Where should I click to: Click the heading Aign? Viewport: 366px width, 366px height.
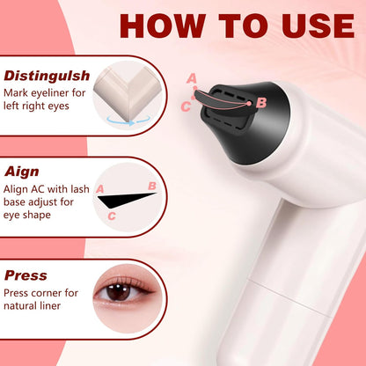(22, 172)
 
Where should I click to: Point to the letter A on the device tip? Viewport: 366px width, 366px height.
(192, 78)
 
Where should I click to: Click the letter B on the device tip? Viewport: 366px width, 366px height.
(260, 103)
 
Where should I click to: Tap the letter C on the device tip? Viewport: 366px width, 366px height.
(185, 106)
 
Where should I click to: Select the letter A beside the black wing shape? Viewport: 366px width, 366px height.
(99, 189)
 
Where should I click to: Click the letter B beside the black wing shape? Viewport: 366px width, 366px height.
(151, 186)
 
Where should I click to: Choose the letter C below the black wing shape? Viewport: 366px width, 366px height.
(111, 215)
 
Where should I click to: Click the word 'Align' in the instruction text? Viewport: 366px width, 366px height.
(18, 188)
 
